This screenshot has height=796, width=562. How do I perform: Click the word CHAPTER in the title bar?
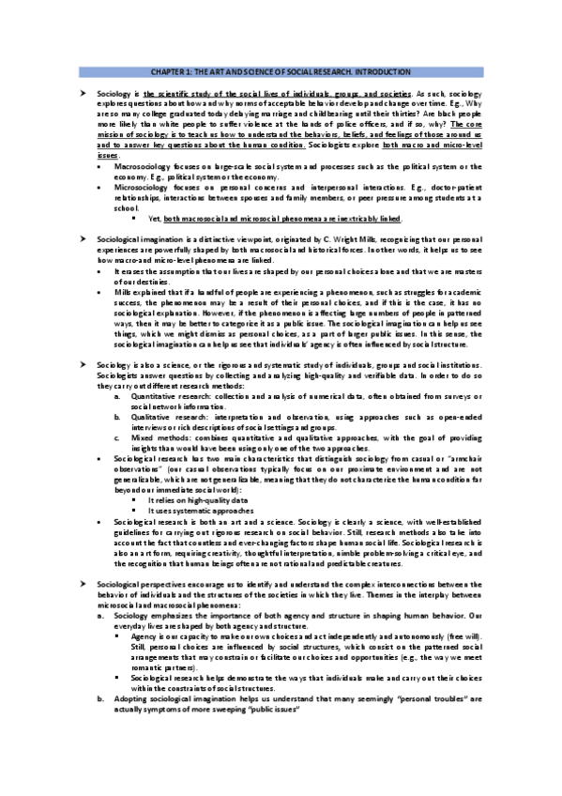pos(166,72)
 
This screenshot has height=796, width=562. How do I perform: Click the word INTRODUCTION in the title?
pos(382,72)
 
